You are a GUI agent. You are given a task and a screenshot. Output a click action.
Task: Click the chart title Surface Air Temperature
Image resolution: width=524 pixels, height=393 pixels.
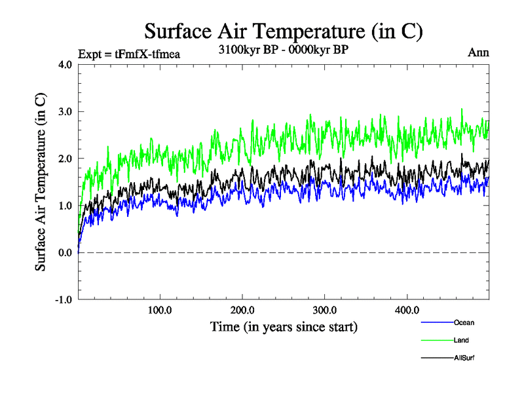click(283, 31)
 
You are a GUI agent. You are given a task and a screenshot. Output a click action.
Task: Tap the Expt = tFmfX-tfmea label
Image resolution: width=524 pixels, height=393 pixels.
click(128, 54)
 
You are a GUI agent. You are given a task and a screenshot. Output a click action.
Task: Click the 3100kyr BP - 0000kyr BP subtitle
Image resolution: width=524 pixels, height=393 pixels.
click(283, 49)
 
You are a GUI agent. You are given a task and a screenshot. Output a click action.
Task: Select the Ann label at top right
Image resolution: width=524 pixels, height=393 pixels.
click(478, 52)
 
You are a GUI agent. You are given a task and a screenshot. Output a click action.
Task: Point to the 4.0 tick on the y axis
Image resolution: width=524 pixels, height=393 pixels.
click(65, 65)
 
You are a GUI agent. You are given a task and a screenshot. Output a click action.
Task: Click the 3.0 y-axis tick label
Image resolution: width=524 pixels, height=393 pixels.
click(65, 111)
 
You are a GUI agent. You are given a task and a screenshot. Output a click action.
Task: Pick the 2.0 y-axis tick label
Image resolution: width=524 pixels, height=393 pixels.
click(65, 159)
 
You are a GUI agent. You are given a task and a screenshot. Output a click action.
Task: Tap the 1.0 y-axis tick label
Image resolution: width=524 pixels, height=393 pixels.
click(65, 206)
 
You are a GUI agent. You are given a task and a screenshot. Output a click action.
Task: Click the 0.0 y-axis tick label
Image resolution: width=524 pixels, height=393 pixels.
click(65, 253)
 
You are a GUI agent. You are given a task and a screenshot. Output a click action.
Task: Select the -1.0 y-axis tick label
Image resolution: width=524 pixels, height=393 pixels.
click(63, 300)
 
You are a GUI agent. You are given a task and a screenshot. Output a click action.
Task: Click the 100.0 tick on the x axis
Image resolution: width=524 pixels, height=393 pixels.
click(160, 311)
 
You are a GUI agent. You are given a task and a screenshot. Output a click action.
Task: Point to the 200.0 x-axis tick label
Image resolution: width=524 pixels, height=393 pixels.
click(242, 311)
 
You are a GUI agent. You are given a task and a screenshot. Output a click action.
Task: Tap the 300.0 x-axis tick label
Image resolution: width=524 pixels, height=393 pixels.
click(325, 311)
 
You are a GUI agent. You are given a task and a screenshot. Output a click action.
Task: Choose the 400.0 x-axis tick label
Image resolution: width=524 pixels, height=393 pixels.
click(407, 311)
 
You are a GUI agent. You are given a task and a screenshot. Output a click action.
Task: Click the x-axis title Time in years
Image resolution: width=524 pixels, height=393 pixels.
click(284, 326)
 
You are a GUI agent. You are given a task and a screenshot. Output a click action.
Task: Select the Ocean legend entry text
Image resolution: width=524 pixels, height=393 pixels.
click(464, 322)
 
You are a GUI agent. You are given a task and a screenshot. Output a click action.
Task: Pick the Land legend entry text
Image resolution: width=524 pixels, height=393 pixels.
click(461, 340)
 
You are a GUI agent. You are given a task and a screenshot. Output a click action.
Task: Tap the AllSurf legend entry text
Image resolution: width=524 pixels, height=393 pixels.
click(464, 358)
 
